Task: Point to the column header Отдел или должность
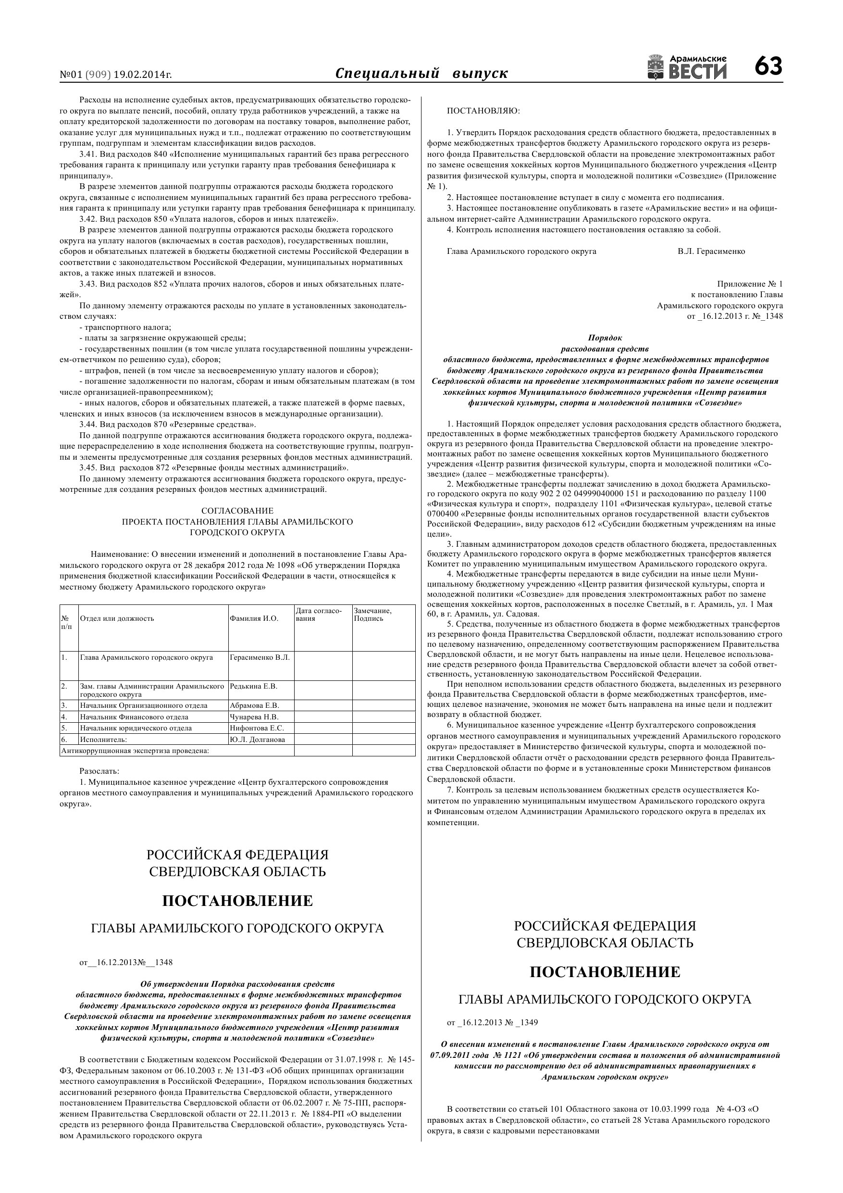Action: [117, 618]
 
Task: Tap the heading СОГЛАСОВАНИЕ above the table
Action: [237, 511]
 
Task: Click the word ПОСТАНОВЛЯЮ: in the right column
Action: [483, 111]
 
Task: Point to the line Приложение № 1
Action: [749, 284]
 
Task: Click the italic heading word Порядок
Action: [605, 338]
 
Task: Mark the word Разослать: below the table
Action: [99, 771]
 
